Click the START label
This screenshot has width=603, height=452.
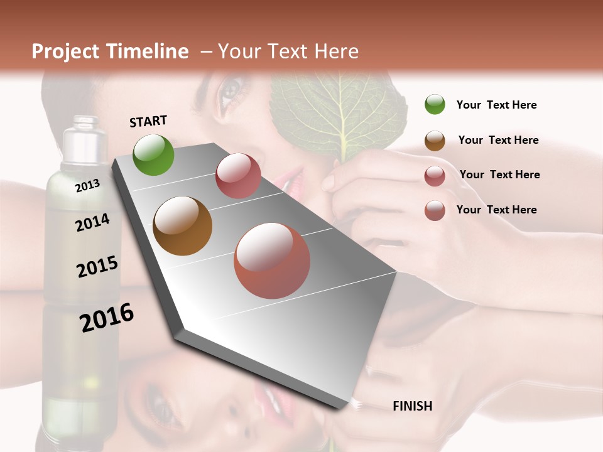[148, 121]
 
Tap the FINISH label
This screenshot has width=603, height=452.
[412, 406]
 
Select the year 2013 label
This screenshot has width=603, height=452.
[87, 185]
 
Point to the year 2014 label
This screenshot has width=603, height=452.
[92, 222]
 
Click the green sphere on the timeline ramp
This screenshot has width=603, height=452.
[153, 155]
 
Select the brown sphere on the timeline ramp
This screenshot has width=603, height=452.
[182, 226]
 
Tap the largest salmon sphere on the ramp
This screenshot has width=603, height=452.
[272, 261]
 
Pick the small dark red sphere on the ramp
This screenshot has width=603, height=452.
[238, 176]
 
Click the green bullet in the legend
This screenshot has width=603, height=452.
[435, 105]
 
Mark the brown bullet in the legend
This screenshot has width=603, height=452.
[435, 141]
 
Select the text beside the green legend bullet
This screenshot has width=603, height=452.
[496, 105]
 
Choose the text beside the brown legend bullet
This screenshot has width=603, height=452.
[498, 140]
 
